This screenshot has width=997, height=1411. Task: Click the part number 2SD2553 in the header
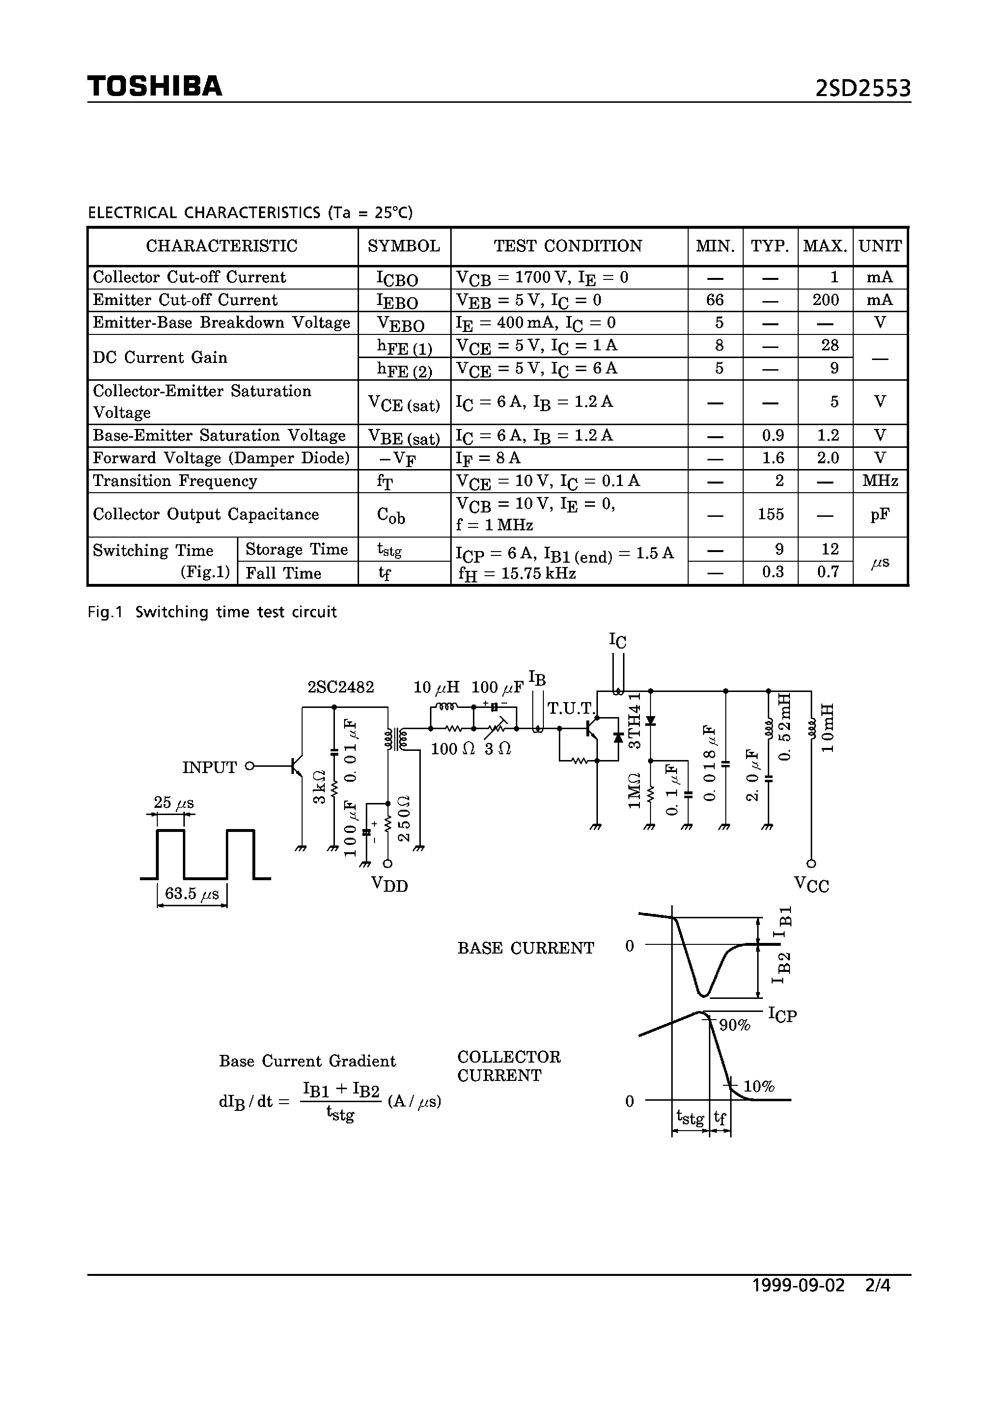click(x=863, y=89)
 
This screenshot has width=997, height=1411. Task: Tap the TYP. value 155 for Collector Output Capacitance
click(x=771, y=514)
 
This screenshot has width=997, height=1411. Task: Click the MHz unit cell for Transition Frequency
click(x=880, y=481)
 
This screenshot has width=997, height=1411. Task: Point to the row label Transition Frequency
click(x=175, y=481)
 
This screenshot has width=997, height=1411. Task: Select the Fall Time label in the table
click(x=283, y=573)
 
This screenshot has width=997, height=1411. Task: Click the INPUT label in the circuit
click(x=209, y=768)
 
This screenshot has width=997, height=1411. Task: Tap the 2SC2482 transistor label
click(x=341, y=687)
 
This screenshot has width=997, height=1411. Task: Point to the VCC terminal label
click(x=811, y=885)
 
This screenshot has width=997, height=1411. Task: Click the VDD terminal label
click(x=390, y=885)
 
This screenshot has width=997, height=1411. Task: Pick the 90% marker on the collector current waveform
click(x=734, y=1025)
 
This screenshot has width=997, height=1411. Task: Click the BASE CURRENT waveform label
click(x=526, y=948)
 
